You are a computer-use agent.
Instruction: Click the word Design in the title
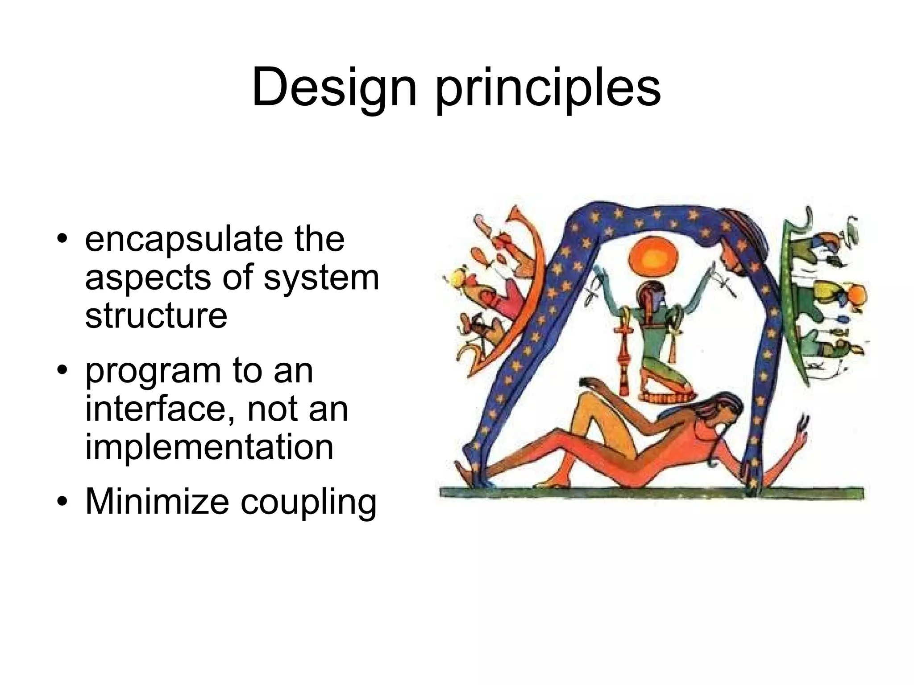pyautogui.click(x=334, y=88)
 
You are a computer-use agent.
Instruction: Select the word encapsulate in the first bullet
pyautogui.click(x=183, y=239)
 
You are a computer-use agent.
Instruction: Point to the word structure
pyautogui.click(x=156, y=315)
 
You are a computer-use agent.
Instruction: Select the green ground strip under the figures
pyautogui.click(x=652, y=493)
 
